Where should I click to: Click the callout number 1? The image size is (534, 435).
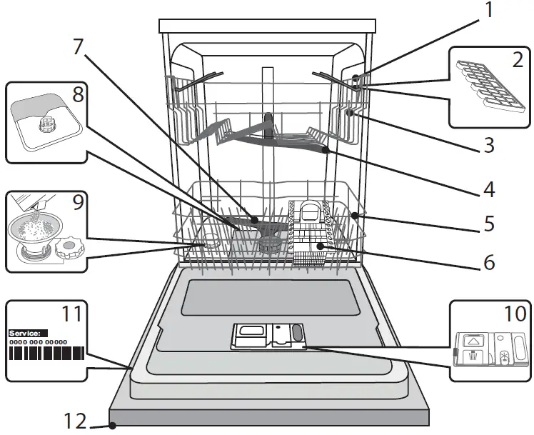click(x=489, y=11)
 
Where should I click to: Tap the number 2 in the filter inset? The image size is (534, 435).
click(x=518, y=60)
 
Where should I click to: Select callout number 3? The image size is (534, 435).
click(x=488, y=146)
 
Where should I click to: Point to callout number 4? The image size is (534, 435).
click(x=488, y=190)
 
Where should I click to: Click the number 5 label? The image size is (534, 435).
click(x=488, y=224)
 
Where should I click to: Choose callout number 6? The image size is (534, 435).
click(x=488, y=262)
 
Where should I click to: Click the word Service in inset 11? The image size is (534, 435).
click(x=28, y=333)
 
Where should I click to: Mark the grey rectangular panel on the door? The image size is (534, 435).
click(x=269, y=298)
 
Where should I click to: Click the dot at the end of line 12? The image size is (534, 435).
click(x=113, y=426)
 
